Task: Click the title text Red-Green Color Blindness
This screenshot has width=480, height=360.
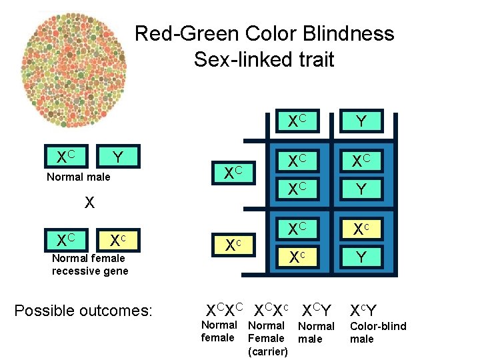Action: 264,33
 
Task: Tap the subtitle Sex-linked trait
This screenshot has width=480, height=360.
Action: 264,59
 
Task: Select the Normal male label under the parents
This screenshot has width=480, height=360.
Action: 79,177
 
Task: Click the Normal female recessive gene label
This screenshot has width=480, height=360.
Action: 90,265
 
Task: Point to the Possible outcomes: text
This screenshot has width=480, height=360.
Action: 83,311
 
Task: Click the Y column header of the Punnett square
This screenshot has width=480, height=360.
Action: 361,121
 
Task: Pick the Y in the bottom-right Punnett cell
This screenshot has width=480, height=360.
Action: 361,256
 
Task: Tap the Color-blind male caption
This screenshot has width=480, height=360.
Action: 378,332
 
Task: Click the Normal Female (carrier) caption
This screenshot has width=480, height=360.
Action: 267,338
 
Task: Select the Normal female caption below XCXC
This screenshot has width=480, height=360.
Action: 219,331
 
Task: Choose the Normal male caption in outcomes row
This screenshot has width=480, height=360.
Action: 316,332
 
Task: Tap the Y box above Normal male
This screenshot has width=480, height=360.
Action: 117,157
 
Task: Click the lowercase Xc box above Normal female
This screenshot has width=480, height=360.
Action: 117,239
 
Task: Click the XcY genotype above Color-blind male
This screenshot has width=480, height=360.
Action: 363,310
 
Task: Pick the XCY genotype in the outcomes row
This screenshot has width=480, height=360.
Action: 316,310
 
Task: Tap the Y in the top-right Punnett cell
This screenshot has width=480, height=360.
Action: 361,189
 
